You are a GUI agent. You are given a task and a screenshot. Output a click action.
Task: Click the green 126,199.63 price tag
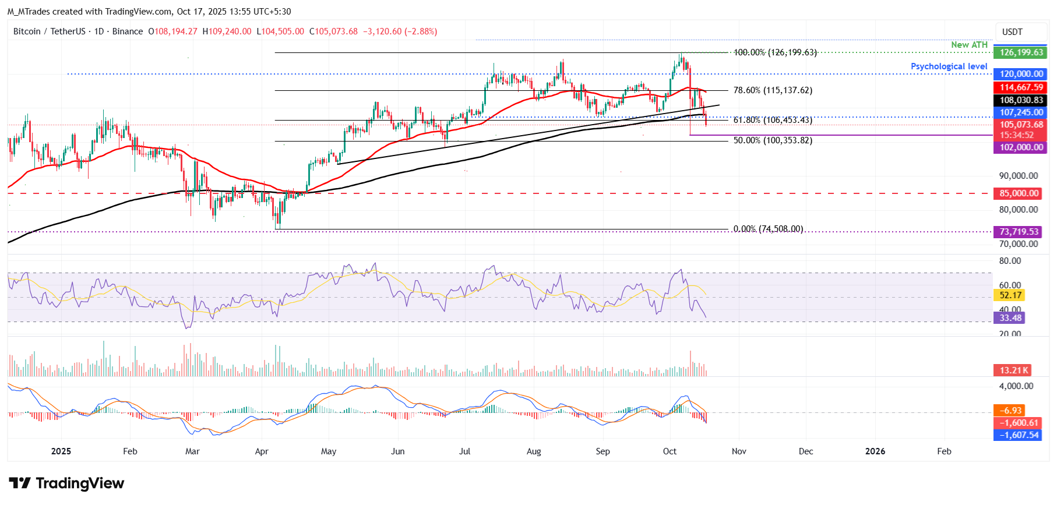pos(1021,52)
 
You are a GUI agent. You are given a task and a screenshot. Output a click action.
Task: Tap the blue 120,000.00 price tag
pos(1021,74)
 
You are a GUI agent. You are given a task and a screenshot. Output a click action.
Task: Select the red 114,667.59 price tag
pos(1021,87)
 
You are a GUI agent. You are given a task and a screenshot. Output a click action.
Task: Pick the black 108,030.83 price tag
pos(1021,100)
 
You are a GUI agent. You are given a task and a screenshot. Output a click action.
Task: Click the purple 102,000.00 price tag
pos(1021,147)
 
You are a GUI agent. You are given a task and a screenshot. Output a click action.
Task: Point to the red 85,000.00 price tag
pos(1018,193)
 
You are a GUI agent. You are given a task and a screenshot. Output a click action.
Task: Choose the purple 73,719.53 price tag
pos(1019,232)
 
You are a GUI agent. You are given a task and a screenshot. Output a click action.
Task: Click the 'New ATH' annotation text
pos(969,45)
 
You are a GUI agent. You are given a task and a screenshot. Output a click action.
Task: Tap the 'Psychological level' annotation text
pos(949,66)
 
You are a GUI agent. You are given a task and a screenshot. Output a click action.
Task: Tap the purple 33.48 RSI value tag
pos(1010,318)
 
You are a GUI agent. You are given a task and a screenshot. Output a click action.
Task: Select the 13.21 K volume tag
pos(1013,370)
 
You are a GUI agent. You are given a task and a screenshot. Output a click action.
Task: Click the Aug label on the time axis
pos(533,451)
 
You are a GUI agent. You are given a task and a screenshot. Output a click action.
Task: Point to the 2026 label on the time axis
pos(875,451)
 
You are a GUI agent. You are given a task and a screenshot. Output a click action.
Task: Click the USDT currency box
pos(1012,32)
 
